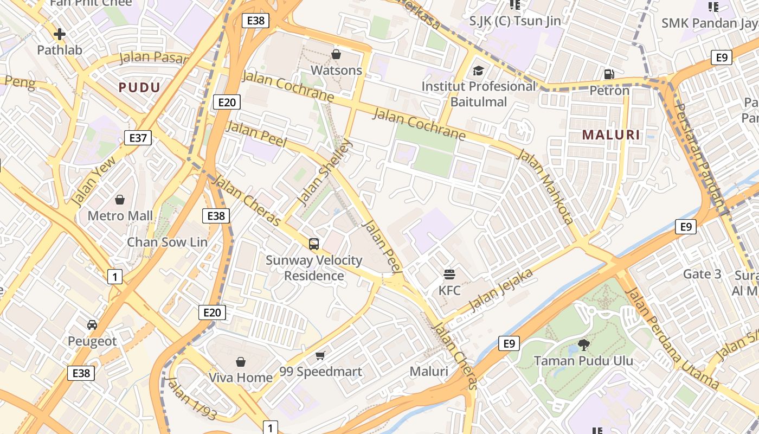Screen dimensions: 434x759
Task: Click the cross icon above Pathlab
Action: (x=60, y=34)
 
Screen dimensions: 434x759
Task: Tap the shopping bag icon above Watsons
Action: (x=336, y=54)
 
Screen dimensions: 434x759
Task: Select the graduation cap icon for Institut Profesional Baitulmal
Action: (x=478, y=71)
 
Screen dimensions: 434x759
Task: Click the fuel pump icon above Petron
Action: (x=609, y=74)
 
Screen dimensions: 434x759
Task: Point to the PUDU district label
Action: (x=139, y=87)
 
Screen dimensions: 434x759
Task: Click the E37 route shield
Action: (x=138, y=138)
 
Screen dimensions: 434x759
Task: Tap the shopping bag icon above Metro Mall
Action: (x=120, y=200)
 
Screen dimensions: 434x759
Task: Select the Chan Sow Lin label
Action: (x=167, y=242)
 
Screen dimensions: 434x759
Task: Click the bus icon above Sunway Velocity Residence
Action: (x=314, y=244)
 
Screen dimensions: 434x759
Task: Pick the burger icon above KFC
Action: (x=449, y=274)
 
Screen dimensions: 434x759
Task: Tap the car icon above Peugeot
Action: (x=92, y=325)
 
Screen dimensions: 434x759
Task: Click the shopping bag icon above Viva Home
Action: (x=241, y=361)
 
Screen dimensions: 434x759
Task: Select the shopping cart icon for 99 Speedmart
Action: (x=320, y=355)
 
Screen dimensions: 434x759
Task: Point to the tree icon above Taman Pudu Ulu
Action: (x=583, y=344)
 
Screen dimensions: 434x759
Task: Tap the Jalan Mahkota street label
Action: (x=546, y=187)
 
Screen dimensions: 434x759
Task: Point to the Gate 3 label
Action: (x=702, y=274)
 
